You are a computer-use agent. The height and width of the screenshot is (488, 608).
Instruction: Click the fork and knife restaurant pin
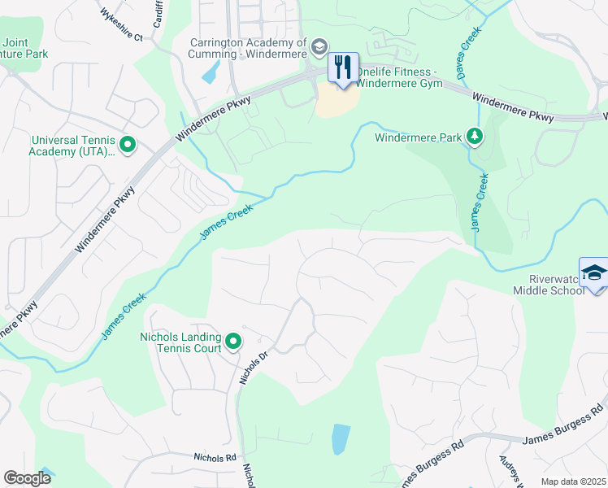[x=343, y=67]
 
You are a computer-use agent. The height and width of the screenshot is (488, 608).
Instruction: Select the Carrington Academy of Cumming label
[x=248, y=48]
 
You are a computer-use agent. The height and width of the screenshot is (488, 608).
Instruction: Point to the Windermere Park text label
[x=418, y=137]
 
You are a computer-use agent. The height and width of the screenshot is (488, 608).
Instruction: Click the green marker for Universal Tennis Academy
[x=127, y=146]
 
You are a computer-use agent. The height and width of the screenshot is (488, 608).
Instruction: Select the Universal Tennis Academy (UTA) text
[x=72, y=146]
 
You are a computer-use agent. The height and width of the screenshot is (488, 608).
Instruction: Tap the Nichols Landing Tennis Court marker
[x=233, y=342]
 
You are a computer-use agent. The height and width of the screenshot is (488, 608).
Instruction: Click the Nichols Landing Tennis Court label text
[x=180, y=342]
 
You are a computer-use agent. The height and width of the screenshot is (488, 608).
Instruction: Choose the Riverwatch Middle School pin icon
[x=593, y=272]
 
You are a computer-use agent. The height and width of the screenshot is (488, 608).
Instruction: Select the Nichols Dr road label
[x=253, y=368]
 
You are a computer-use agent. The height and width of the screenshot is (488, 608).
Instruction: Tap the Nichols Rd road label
[x=215, y=458]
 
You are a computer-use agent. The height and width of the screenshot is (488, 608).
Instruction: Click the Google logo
[x=27, y=478]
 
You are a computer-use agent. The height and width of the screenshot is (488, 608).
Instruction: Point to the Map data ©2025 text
[x=572, y=481]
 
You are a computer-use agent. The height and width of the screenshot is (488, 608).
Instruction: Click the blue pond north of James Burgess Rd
[x=341, y=439]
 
